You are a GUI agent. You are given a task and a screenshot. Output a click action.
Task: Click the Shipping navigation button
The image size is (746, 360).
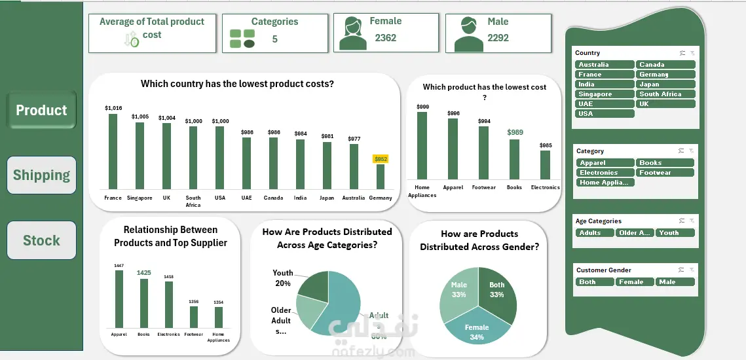pyautogui.click(x=41, y=175)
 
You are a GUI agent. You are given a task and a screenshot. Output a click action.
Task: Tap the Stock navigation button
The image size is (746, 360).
pyautogui.click(x=41, y=240)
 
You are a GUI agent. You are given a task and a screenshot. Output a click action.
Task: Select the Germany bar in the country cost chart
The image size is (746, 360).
pyautogui.click(x=381, y=177)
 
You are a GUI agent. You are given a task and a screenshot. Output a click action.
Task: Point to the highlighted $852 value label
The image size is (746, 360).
pyautogui.click(x=381, y=159)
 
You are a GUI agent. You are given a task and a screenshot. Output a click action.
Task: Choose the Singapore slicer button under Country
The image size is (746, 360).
pyautogui.click(x=605, y=94)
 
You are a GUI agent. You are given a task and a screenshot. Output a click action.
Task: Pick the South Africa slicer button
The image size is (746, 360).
pyautogui.click(x=665, y=94)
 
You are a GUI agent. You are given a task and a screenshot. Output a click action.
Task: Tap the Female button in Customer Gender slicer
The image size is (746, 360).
pyautogui.click(x=633, y=282)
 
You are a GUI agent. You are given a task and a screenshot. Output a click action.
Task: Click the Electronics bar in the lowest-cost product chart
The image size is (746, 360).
pyautogui.click(x=545, y=165)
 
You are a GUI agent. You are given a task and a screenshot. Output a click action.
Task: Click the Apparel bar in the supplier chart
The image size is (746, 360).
pyautogui.click(x=119, y=298)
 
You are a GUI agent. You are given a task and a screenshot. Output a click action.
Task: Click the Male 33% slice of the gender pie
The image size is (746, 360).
pyautogui.click(x=458, y=291)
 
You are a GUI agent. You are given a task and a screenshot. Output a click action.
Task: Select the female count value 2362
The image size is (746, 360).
pyautogui.click(x=385, y=38)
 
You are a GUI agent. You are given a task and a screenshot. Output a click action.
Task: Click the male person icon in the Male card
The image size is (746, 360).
pyautogui.click(x=468, y=36)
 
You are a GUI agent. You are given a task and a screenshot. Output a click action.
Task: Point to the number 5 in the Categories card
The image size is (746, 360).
pyautogui.click(x=274, y=39)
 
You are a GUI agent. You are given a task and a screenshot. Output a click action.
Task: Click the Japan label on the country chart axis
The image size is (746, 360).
pyautogui.click(x=327, y=198)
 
